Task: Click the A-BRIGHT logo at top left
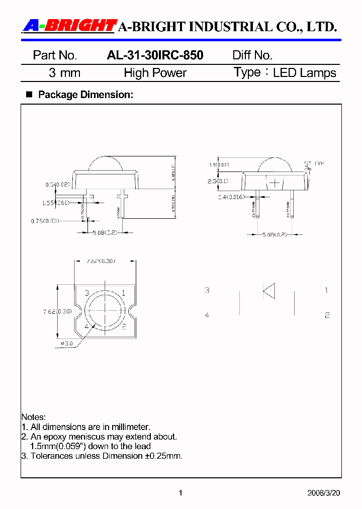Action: [69, 26]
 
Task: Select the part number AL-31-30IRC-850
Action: [155, 55]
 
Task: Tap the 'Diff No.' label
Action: [252, 55]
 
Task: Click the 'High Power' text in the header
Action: [155, 73]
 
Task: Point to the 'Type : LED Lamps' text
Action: [285, 73]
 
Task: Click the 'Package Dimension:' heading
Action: [85, 95]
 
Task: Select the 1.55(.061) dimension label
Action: [56, 203]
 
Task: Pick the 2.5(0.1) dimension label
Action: [218, 181]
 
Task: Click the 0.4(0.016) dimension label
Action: [231, 197]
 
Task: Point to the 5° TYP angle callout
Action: [314, 163]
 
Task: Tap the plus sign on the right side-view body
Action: [274, 183]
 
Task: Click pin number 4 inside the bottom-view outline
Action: [87, 326]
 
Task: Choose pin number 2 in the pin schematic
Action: [326, 315]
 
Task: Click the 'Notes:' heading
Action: [34, 417]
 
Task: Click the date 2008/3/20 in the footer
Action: [323, 493]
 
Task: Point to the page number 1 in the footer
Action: [180, 493]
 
